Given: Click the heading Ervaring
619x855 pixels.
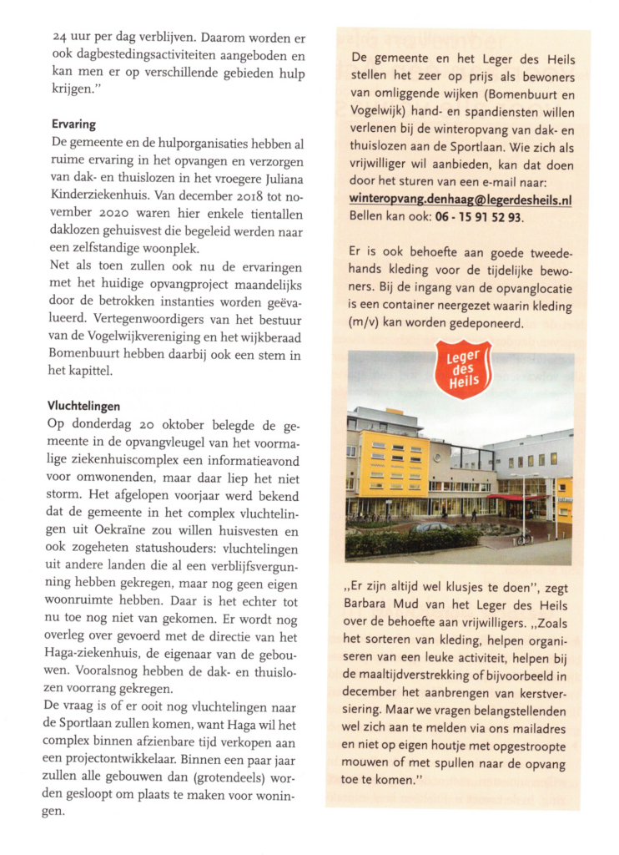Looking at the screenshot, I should (x=73, y=124).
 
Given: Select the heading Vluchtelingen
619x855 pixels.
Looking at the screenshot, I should (x=84, y=406).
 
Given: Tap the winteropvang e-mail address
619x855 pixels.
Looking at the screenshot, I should (x=460, y=200).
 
